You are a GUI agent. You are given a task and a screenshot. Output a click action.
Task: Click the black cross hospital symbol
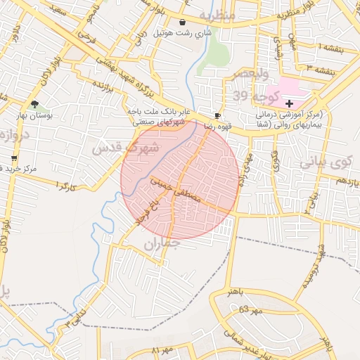click(290, 103)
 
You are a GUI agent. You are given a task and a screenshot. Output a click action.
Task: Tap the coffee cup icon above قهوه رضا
click(218, 115)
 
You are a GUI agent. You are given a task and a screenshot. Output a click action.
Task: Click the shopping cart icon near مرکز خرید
click(13, 158)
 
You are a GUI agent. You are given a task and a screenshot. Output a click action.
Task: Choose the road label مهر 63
click(250, 309)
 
